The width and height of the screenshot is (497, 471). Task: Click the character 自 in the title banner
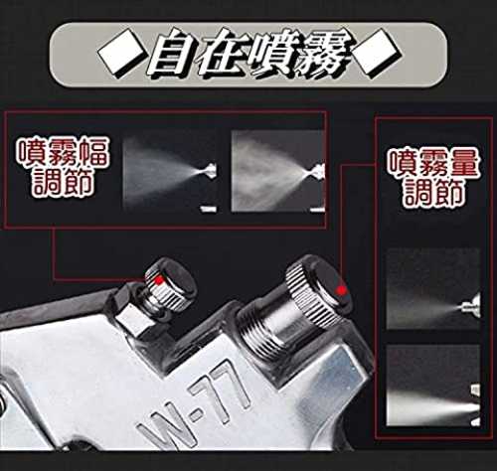pos(172,54)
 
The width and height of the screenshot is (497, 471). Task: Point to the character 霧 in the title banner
pos(326,54)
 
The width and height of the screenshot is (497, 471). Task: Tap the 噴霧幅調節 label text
pos(63,166)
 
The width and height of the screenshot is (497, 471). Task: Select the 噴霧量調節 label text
pos(433,176)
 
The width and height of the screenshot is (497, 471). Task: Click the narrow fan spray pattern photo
pos(170,171)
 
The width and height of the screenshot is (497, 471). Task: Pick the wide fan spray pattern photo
pos(277,171)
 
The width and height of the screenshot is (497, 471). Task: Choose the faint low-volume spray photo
pos(433,288)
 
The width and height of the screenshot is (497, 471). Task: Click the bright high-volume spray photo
pos(433,386)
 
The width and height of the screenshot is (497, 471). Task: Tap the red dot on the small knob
pos(159,280)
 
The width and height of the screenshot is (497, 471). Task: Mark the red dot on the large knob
pos(341,290)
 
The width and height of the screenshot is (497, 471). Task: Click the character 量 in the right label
pos(463,162)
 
